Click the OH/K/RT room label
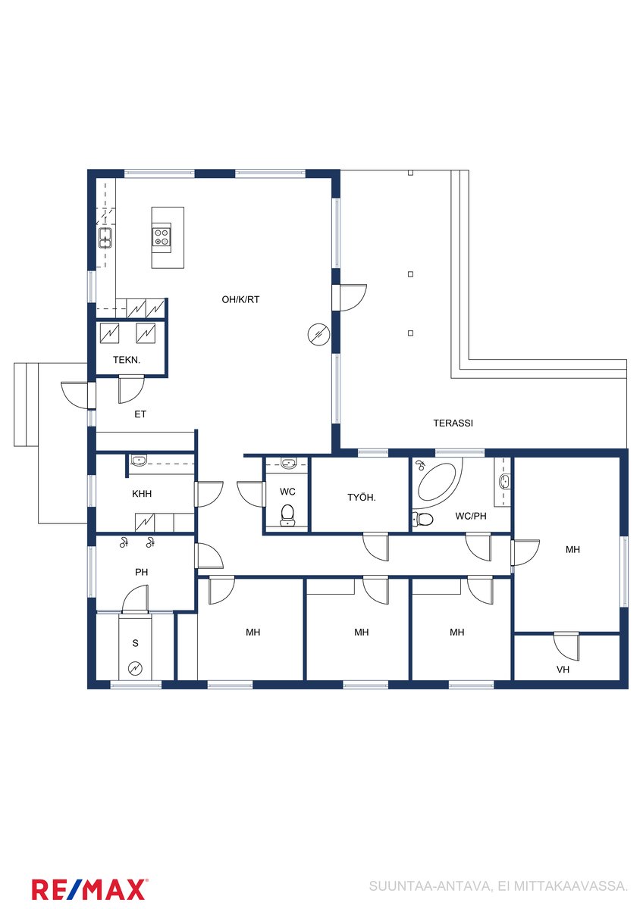pyautogui.click(x=240, y=299)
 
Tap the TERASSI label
pyautogui.click(x=453, y=423)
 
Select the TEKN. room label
pyautogui.click(x=127, y=360)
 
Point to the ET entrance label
pyautogui.click(x=140, y=414)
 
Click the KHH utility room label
pyautogui.click(x=142, y=494)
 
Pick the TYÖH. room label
pyautogui.click(x=362, y=498)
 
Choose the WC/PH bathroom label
pyautogui.click(x=471, y=516)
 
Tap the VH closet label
pyautogui.click(x=563, y=670)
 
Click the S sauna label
pyautogui.click(x=135, y=643)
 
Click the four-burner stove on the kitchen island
pyautogui.click(x=162, y=237)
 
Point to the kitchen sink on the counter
pyautogui.click(x=105, y=238)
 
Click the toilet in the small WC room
pyautogui.click(x=287, y=514)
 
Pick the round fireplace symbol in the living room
pyautogui.click(x=319, y=335)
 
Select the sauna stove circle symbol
pyautogui.click(x=135, y=668)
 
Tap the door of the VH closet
pyautogui.click(x=566, y=645)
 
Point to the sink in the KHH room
pyautogui.click(x=140, y=461)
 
